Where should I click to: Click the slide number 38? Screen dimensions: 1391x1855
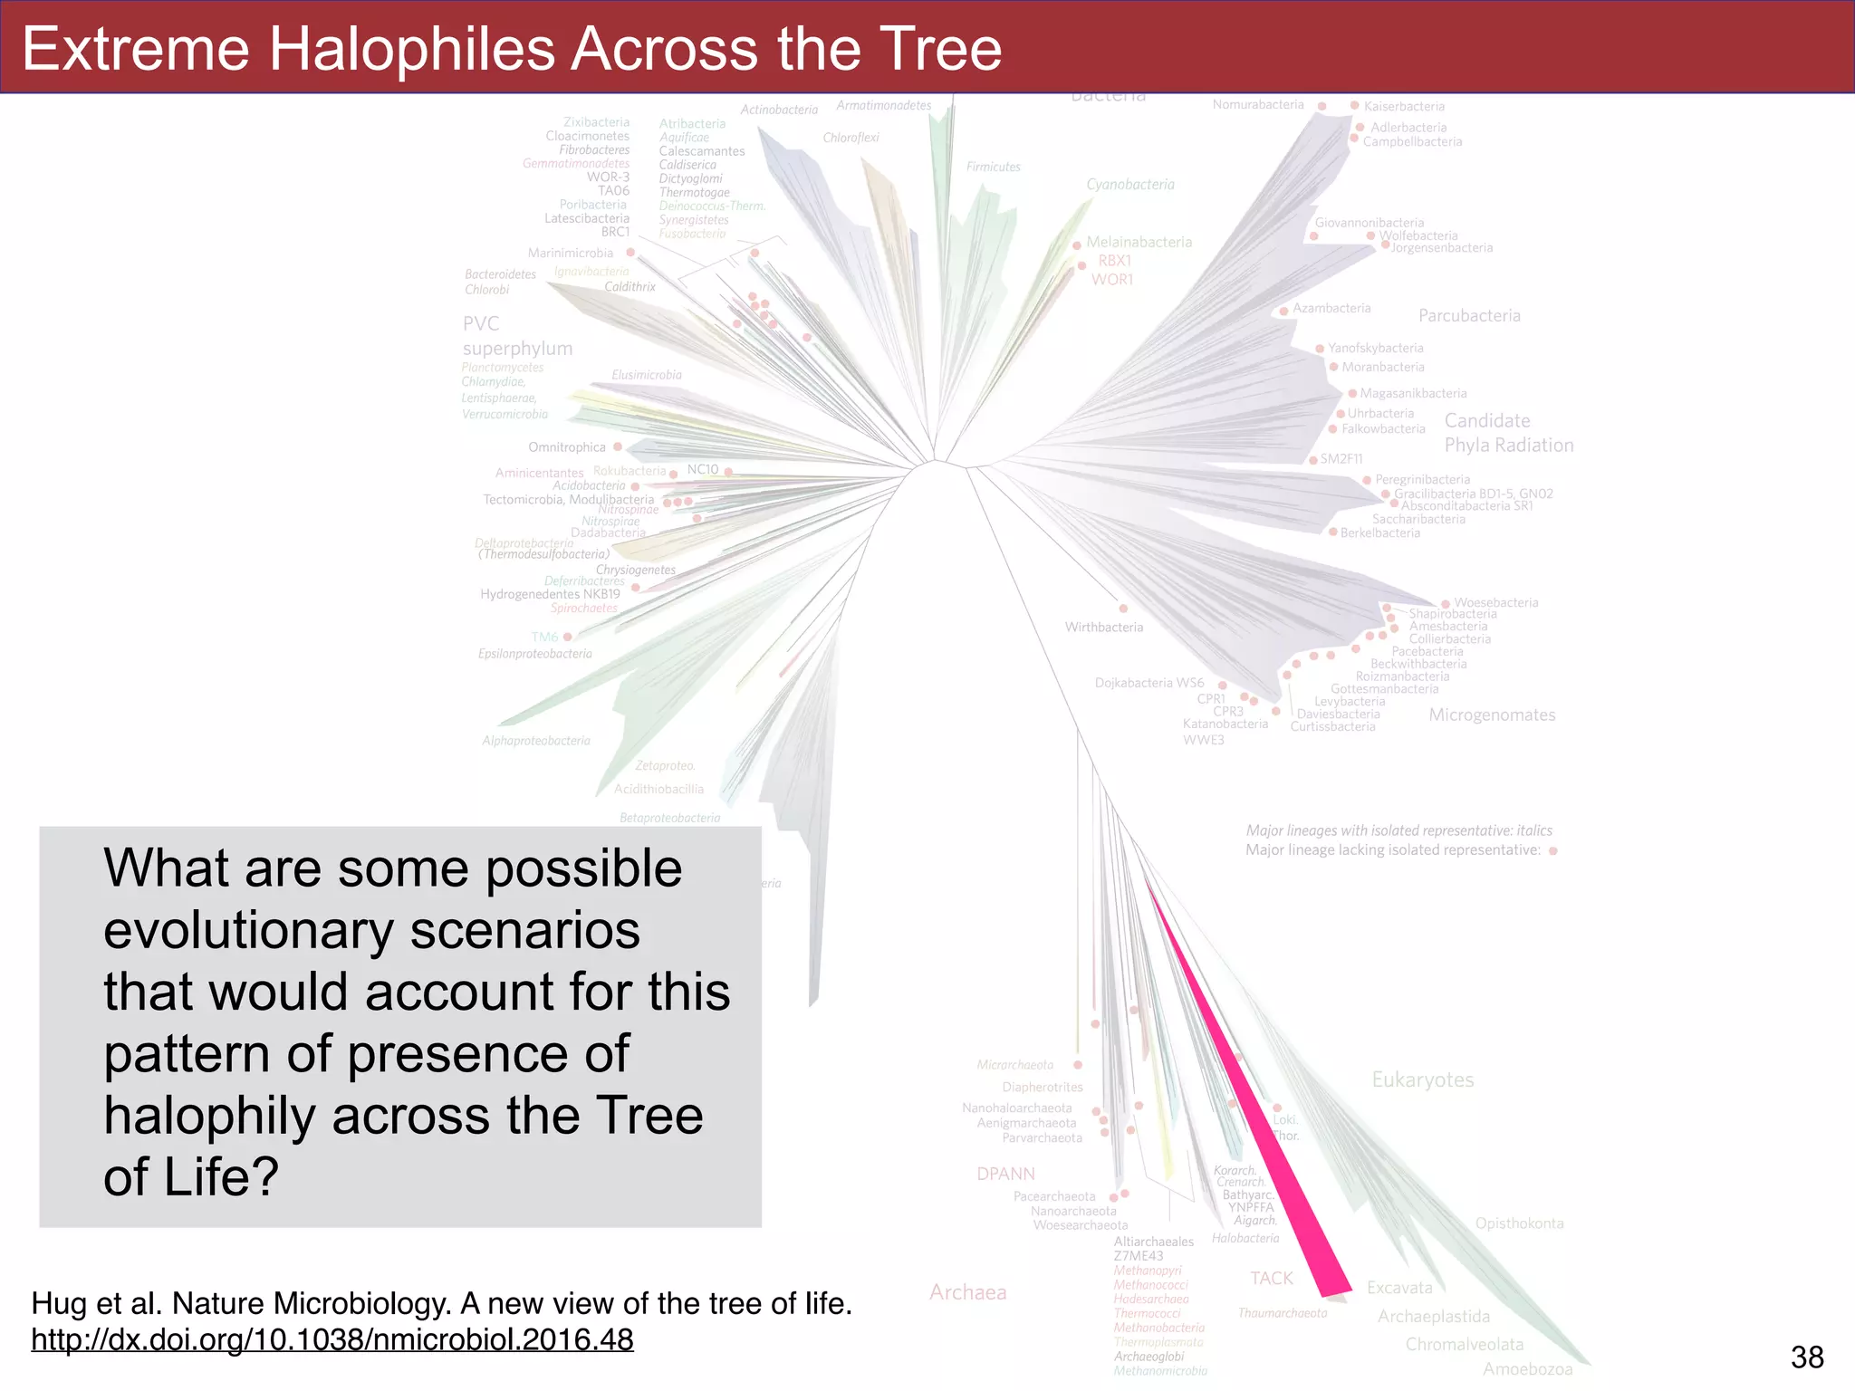(1807, 1357)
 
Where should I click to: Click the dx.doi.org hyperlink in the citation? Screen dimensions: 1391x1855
(332, 1339)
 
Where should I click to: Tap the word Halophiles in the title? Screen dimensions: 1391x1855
(412, 49)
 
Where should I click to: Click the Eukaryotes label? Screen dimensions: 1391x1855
(1422, 1079)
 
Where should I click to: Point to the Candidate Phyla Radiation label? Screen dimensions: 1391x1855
(1508, 433)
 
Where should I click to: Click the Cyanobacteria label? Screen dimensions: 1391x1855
(1129, 185)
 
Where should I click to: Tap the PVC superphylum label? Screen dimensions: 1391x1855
(516, 336)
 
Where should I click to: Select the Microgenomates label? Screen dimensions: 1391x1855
(1492, 715)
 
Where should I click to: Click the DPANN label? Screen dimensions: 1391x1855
(1005, 1174)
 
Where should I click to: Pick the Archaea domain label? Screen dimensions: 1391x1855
(967, 1292)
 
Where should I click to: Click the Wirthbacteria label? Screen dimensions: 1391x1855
(1103, 627)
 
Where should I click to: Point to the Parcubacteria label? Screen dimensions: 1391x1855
(1469, 316)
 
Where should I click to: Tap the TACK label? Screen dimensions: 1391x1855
(1272, 1278)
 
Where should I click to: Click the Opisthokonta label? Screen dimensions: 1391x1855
(1519, 1223)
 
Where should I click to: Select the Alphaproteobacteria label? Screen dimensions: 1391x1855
(535, 741)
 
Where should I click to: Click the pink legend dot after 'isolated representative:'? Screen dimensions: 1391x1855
(1552, 851)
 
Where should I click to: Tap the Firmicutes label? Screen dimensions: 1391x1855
(993, 168)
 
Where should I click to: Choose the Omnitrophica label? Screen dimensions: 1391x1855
(566, 447)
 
